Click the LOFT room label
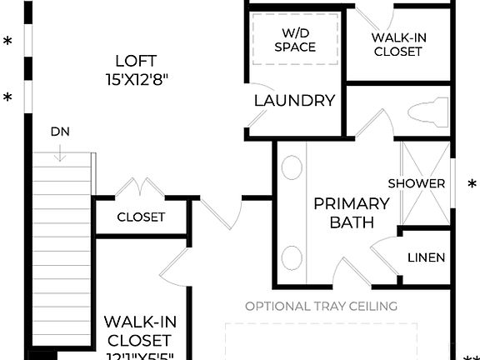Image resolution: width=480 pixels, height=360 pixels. click(137, 60)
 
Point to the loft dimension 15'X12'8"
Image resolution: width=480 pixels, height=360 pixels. click(137, 80)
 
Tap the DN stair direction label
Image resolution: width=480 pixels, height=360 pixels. click(60, 131)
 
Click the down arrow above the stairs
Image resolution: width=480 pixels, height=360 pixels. click(61, 152)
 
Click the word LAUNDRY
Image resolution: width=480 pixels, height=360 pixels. click(294, 101)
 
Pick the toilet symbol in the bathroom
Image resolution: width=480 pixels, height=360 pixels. click(427, 112)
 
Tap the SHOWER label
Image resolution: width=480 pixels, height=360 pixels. click(417, 182)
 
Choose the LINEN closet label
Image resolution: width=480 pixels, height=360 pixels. click(426, 257)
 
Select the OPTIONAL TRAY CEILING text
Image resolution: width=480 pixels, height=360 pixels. click(321, 306)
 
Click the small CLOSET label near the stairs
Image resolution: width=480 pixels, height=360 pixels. click(141, 217)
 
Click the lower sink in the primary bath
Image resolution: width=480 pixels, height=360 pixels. click(292, 254)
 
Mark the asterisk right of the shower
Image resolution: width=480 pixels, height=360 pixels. click(472, 184)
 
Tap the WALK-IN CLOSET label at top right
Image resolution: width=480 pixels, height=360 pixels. click(397, 44)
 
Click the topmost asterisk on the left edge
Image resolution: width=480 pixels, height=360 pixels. click(8, 42)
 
